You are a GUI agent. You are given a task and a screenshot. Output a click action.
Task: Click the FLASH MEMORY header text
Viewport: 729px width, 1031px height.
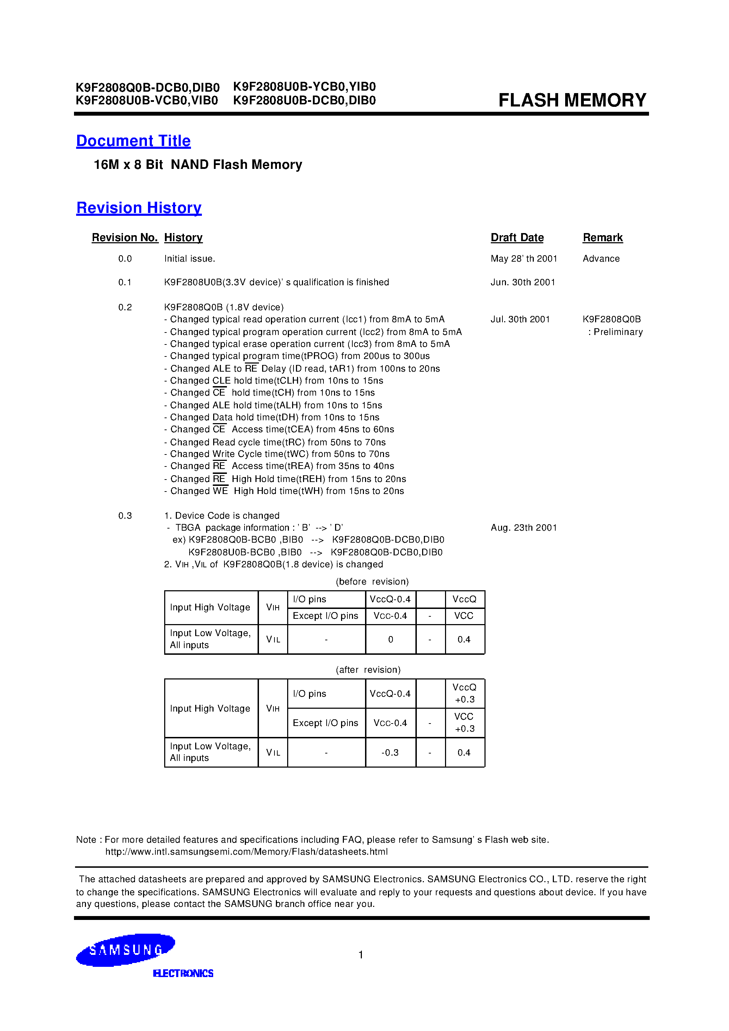(572, 100)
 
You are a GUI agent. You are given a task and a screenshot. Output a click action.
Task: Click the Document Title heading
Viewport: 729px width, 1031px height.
(133, 141)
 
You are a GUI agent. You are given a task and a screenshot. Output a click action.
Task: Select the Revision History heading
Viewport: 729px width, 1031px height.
(139, 208)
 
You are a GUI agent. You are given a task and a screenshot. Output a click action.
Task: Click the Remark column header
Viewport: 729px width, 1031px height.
(603, 238)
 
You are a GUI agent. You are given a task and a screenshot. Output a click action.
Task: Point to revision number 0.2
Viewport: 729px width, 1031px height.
(125, 307)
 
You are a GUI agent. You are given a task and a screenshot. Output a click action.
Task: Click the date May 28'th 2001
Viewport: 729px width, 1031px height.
(524, 259)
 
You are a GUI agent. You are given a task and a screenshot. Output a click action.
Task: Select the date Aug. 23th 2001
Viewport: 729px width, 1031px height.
(524, 528)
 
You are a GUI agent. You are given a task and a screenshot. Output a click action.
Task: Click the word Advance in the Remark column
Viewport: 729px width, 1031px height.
(601, 259)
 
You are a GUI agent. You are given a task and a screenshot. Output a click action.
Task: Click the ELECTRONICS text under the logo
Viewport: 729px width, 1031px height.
(183, 974)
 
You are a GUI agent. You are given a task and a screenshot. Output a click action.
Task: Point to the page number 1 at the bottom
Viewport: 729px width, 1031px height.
(360, 954)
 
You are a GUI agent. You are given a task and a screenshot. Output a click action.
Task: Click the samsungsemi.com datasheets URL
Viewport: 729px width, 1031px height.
(246, 852)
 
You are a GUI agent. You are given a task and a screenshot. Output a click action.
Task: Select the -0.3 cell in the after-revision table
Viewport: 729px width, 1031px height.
(390, 752)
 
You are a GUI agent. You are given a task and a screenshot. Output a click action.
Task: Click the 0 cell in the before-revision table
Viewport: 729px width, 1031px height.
(390, 639)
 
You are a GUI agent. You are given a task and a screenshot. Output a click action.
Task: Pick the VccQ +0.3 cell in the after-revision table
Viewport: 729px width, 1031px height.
(464, 693)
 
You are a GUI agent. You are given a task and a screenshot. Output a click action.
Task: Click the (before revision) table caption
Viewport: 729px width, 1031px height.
(372, 582)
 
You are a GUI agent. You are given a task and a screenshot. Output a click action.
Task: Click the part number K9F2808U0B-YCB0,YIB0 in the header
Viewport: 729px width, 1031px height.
(304, 87)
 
